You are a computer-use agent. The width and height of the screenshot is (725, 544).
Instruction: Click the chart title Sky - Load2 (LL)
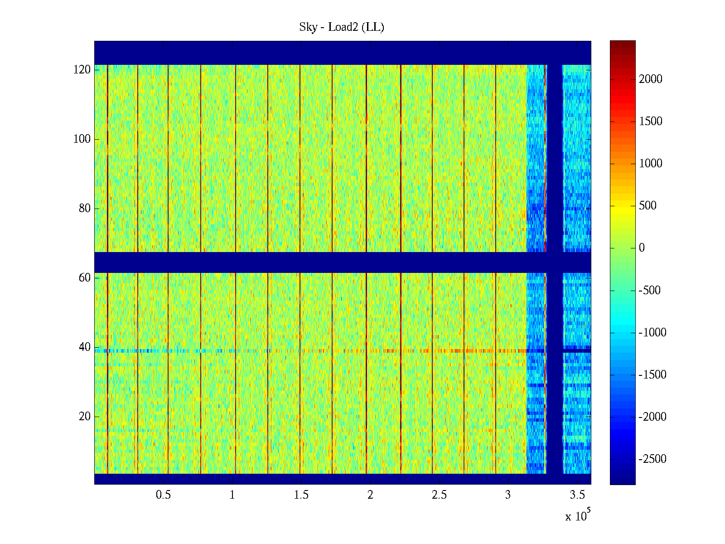pos(342,27)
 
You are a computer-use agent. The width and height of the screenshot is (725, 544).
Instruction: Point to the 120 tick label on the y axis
pos(82,70)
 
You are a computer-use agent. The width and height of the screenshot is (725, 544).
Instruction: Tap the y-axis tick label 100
pos(82,139)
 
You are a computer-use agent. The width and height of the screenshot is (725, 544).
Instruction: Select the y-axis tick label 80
pos(85,209)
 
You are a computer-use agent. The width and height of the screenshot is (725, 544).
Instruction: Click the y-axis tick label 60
pos(85,278)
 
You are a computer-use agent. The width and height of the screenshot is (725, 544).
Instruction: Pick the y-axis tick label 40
pos(85,347)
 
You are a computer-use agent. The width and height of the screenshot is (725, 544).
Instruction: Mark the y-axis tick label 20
pos(85,417)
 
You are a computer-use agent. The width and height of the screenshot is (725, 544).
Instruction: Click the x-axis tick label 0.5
pos(164,495)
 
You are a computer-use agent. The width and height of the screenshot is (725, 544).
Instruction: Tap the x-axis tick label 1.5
pos(301,495)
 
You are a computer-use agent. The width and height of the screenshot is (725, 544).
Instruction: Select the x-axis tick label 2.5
pos(439,495)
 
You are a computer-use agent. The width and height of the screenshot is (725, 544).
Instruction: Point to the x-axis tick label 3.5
pos(577,495)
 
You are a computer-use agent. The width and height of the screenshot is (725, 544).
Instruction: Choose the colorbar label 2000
pos(651,79)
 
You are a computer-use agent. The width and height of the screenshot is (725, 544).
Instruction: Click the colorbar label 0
pos(642,248)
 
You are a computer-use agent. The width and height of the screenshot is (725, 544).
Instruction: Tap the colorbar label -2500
pos(652,459)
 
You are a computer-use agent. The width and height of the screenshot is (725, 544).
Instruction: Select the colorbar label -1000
pos(652,333)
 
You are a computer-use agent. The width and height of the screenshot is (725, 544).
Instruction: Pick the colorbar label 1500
pos(651,121)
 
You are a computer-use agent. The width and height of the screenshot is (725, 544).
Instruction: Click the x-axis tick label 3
pos(508,495)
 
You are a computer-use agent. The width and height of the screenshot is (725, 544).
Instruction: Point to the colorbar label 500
pos(648,206)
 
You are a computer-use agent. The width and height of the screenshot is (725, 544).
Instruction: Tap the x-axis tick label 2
pos(370,495)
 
